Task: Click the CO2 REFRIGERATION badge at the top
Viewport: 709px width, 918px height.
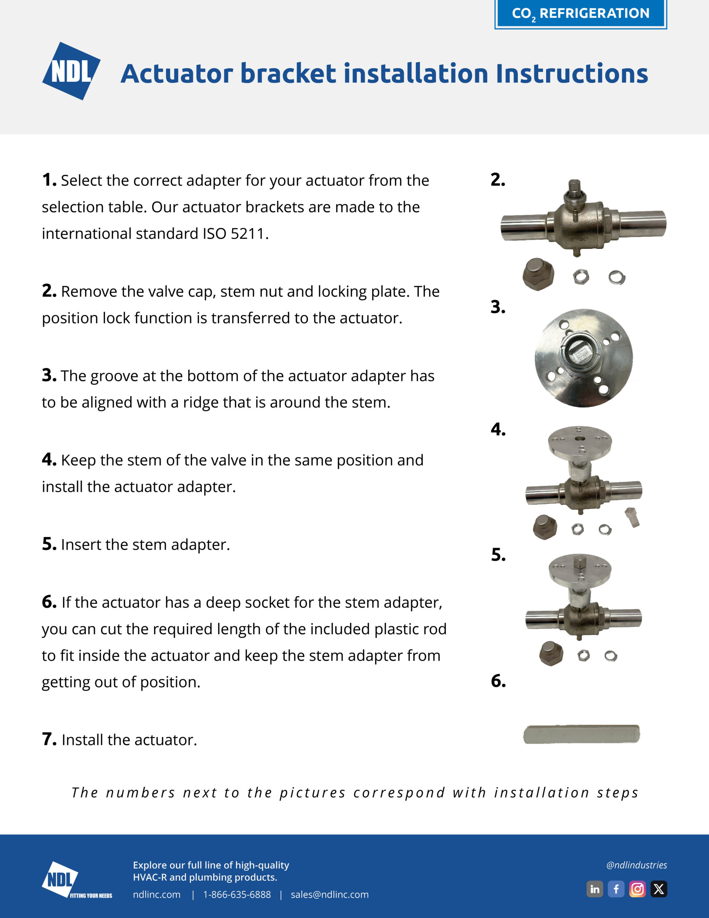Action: click(580, 14)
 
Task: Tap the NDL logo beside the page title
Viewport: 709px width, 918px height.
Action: click(71, 71)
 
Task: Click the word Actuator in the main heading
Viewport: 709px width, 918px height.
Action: click(176, 74)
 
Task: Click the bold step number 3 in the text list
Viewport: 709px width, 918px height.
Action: click(49, 375)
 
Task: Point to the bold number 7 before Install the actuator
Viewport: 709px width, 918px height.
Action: click(49, 739)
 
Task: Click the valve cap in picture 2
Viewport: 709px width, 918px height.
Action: click(538, 274)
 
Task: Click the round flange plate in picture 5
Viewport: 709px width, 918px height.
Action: click(580, 569)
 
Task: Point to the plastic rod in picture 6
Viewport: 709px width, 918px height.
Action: click(581, 734)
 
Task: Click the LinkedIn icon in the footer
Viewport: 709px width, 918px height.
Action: click(594, 889)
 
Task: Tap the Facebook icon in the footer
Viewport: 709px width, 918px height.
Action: click(616, 889)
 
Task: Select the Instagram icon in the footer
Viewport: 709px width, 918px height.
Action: click(637, 889)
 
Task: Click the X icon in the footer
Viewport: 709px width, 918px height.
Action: click(658, 889)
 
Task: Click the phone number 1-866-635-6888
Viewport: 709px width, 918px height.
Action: click(237, 894)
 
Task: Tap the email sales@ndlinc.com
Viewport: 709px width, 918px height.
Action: click(329, 894)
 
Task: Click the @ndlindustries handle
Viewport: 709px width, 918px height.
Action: click(636, 865)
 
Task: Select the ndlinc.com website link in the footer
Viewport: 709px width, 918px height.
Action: click(157, 894)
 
